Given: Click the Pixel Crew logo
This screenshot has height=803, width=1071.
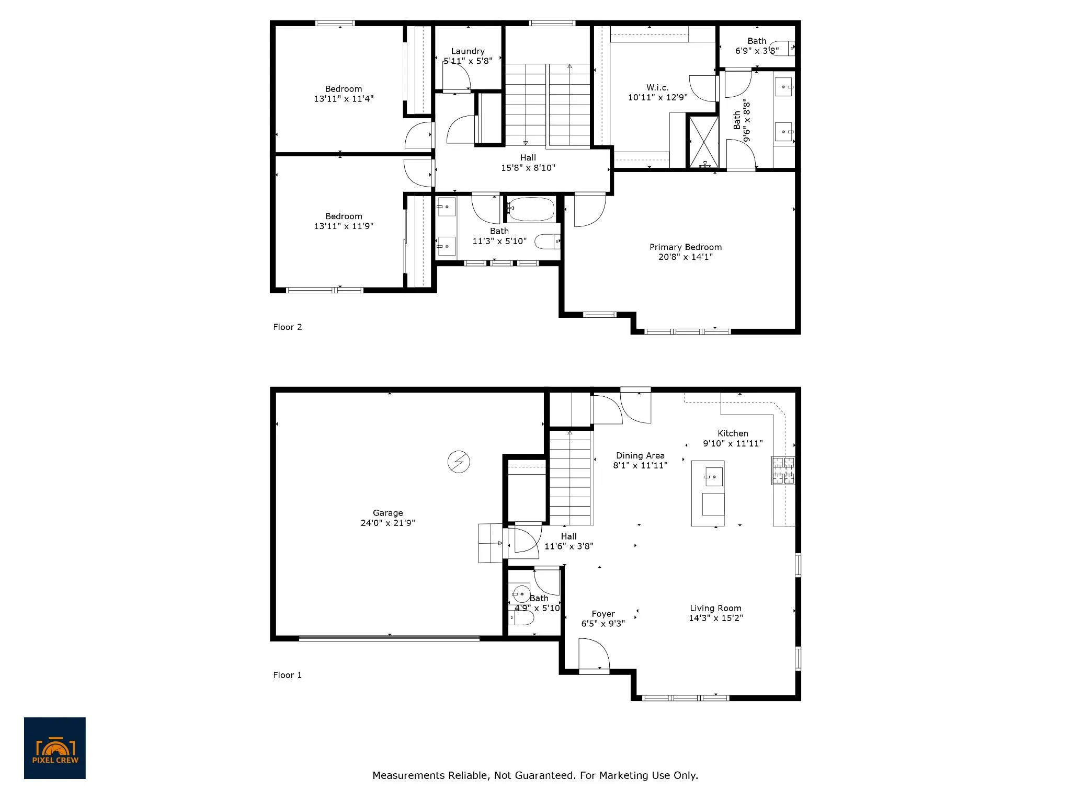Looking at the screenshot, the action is (x=55, y=748).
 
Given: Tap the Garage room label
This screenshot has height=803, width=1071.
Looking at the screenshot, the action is (x=388, y=513).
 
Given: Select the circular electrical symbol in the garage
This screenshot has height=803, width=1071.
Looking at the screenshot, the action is (x=459, y=462).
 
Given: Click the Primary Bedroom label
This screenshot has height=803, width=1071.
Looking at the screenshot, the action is (x=686, y=247).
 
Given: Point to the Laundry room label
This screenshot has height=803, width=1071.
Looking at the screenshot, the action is (x=468, y=51).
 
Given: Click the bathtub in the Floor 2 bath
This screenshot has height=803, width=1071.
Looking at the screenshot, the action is (x=531, y=209).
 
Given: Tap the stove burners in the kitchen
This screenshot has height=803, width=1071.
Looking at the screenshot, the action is (x=783, y=471).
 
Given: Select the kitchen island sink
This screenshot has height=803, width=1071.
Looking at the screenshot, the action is (x=713, y=477).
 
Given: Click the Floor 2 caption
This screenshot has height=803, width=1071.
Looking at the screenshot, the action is (x=288, y=327).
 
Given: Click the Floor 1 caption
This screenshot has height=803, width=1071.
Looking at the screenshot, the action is (x=288, y=675).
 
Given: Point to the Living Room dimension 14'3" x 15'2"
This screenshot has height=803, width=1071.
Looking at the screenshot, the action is (x=715, y=618).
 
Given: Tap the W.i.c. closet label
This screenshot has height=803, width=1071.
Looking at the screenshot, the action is (x=657, y=88).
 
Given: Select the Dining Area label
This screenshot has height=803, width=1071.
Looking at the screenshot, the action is (x=640, y=456).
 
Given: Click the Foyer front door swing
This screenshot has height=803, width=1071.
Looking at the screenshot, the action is (x=594, y=655).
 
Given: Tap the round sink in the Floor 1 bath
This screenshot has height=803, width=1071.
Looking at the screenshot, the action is (x=521, y=594).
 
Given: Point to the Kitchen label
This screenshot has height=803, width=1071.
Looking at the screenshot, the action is (x=733, y=433).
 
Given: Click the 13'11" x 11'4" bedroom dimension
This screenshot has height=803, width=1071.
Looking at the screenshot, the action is (x=344, y=99).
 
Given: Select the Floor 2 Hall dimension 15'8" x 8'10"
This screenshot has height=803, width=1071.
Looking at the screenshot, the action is (x=528, y=168).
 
